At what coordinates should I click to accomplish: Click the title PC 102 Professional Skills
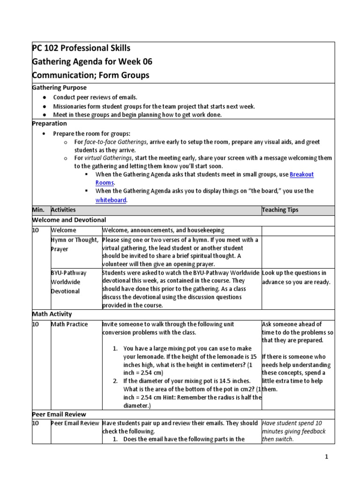tap(81, 48)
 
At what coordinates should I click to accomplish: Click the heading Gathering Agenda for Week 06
tap(92, 62)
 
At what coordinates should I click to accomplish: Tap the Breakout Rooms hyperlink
tap(301, 174)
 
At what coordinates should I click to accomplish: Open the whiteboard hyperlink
tap(111, 200)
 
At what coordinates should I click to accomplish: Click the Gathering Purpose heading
tap(59, 88)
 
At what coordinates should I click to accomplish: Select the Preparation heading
tap(49, 124)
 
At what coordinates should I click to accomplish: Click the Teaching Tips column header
tap(280, 210)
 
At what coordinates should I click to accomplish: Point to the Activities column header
tap(63, 210)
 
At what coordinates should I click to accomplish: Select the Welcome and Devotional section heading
tap(69, 220)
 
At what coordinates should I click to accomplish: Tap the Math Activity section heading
tap(52, 314)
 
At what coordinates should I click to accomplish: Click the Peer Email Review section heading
tap(59, 414)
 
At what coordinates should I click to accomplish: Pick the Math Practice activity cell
tap(69, 324)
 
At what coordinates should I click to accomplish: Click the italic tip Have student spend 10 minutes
tap(293, 431)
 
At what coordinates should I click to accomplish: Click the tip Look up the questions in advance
tap(294, 277)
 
